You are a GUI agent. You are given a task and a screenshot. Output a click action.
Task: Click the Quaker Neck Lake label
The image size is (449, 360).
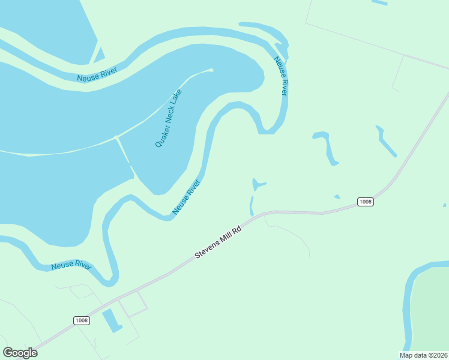point(169,118)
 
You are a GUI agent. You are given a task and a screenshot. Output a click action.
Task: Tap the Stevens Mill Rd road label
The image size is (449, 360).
point(218,242)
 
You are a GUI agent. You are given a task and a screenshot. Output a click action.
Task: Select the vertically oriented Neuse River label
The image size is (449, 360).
point(280,76)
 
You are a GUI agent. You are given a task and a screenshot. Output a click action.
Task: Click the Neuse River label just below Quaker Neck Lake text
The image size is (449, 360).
point(185,198)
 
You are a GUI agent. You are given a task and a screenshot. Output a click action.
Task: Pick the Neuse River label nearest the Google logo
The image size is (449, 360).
point(71,265)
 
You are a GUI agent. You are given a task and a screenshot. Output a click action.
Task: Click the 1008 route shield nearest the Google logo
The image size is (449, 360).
point(82,320)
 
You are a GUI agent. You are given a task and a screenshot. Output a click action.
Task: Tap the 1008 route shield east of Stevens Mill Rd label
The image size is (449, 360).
point(365,202)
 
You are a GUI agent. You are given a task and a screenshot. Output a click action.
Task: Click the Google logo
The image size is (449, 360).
point(20,353)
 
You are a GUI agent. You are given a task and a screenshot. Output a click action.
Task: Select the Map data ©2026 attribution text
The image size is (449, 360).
point(423,355)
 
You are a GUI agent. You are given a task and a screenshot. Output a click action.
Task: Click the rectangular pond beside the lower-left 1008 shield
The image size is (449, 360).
point(111,320)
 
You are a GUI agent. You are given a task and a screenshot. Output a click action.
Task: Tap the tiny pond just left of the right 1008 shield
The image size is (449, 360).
point(337,196)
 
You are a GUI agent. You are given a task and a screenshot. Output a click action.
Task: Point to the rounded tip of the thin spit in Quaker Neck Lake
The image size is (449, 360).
point(210,70)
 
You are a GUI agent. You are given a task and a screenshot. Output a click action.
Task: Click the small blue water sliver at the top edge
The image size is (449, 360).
point(379,3)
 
